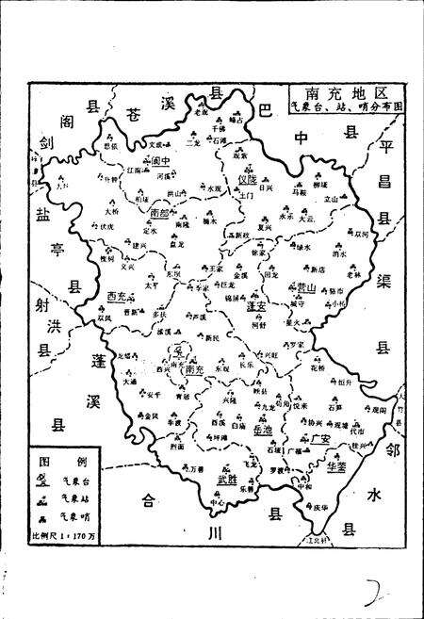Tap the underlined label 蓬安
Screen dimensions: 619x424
[x=255, y=306]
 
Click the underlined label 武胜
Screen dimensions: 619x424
[x=227, y=480]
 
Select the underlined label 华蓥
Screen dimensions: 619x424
[x=337, y=464]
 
